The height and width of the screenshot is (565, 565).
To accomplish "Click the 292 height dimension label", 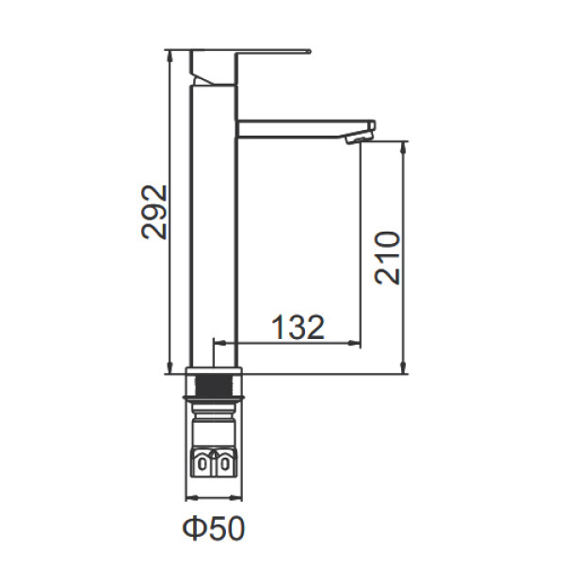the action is [x=154, y=212].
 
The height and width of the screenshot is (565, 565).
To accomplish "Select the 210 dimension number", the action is [x=388, y=258].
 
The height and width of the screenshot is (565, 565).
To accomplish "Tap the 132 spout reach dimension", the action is [x=298, y=327].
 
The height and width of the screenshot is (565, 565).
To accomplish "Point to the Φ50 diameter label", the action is [x=214, y=528].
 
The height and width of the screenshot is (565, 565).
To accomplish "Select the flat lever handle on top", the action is [x=250, y=52].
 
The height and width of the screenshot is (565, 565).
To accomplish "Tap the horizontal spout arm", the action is [x=306, y=129].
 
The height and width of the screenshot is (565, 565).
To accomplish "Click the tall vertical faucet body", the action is [x=214, y=226].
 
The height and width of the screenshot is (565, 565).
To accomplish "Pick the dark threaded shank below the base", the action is [x=214, y=385].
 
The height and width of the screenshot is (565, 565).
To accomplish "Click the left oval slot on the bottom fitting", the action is [x=202, y=464].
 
